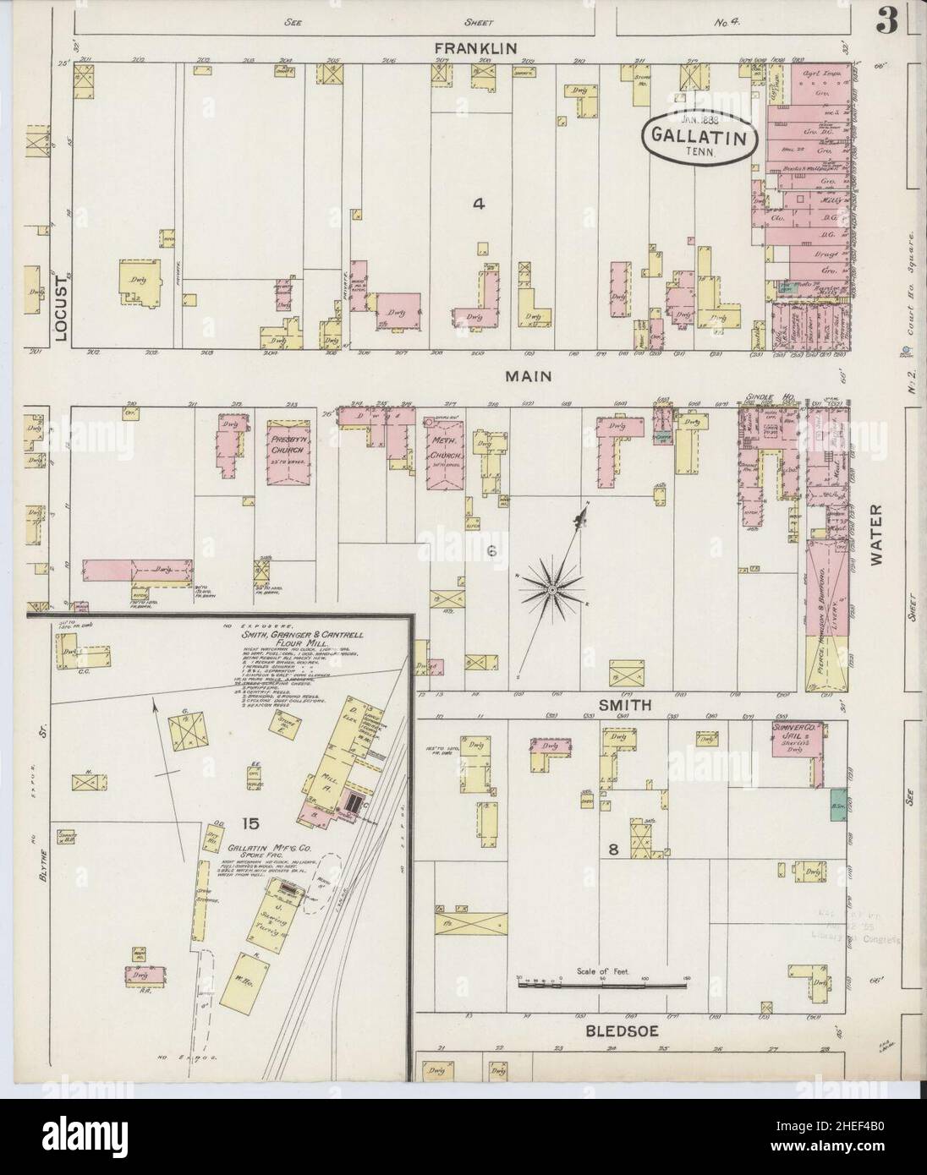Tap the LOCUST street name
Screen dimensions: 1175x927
pos(60,310)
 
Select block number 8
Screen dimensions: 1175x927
pos(614,850)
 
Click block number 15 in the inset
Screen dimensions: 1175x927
pos(250,822)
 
